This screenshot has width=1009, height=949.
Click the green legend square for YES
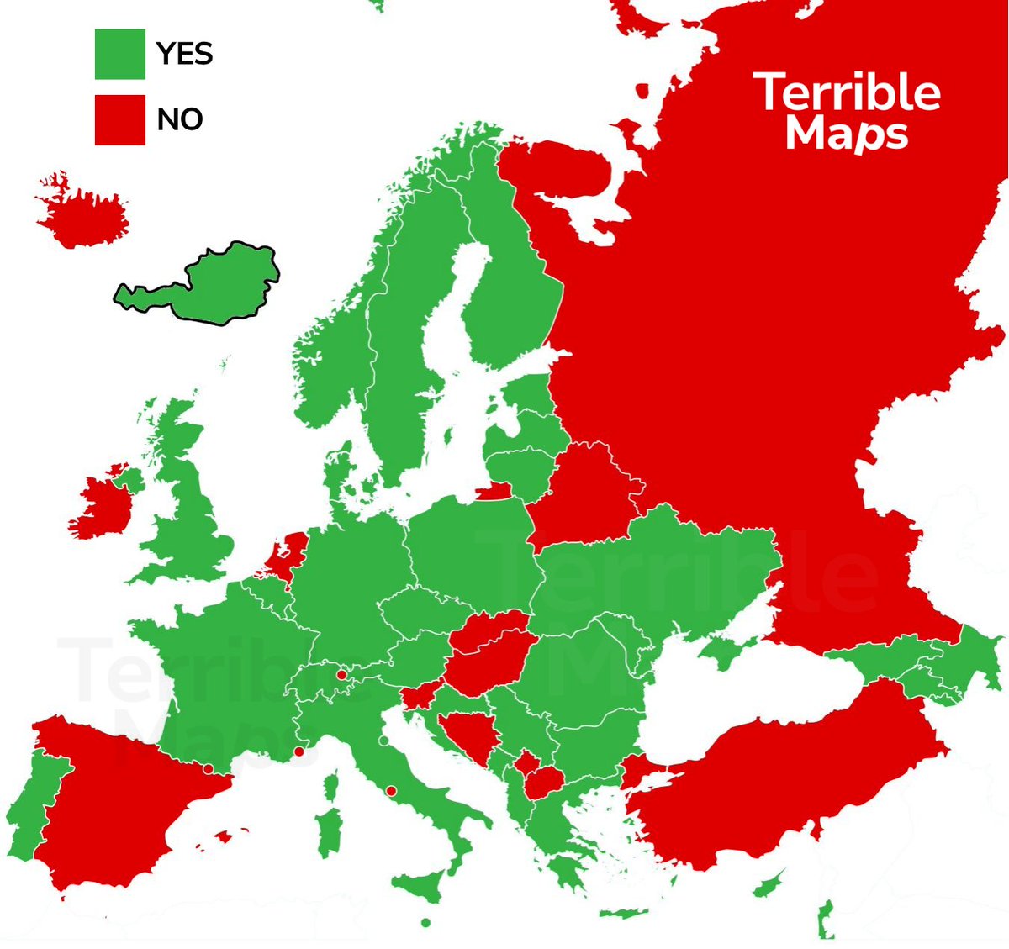click(119, 54)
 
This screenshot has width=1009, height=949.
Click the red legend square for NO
click(119, 119)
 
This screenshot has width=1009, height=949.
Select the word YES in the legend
click(184, 54)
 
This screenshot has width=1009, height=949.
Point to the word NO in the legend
click(179, 119)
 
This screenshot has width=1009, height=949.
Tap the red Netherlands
click(286, 554)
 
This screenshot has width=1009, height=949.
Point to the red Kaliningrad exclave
click(493, 491)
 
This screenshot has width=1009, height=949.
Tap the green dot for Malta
click(425, 923)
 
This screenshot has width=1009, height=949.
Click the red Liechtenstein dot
click(341, 674)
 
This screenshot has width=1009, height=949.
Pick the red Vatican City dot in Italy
click(391, 790)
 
